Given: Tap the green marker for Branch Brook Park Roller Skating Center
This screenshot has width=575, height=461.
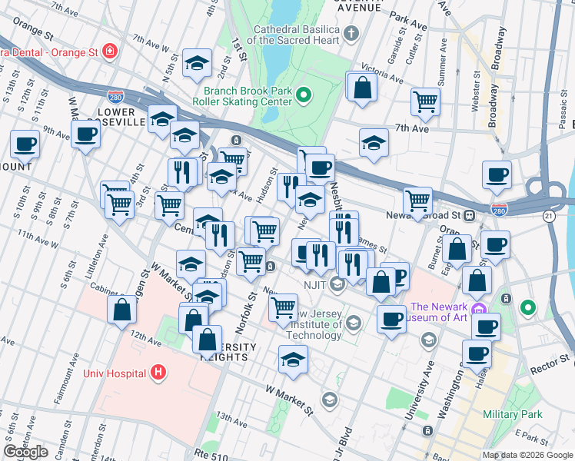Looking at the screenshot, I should (x=303, y=96).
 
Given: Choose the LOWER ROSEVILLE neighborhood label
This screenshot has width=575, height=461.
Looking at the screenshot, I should (x=122, y=117).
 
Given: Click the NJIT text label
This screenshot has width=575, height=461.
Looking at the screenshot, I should (x=314, y=284).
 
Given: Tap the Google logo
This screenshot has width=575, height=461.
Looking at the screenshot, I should (x=25, y=452).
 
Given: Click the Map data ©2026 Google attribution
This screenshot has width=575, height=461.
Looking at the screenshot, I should (x=527, y=455).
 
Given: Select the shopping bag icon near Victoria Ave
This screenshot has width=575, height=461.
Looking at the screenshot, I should (x=361, y=87).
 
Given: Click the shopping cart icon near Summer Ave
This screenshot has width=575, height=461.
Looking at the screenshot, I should (x=425, y=101).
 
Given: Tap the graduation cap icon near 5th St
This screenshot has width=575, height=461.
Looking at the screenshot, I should (x=198, y=65).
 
